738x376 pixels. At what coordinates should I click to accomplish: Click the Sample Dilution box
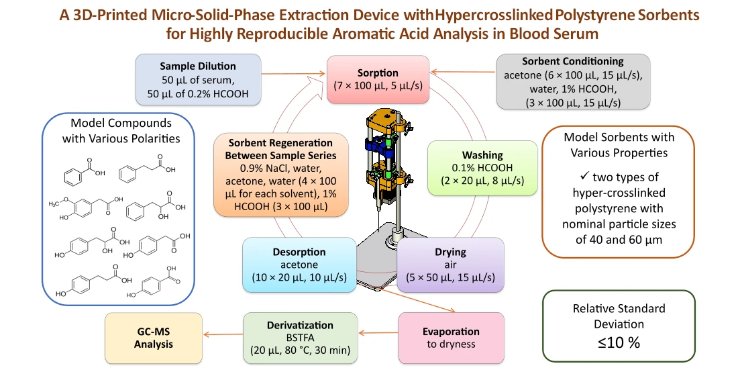point(198,79)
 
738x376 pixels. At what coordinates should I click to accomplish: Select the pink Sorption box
point(378,79)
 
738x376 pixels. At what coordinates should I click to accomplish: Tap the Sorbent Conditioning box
point(573,81)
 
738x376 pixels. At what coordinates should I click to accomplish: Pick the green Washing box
point(482,168)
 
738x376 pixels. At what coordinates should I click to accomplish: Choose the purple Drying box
point(450,265)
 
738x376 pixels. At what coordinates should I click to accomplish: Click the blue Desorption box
point(299,265)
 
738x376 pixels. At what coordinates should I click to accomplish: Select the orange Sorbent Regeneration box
point(281,175)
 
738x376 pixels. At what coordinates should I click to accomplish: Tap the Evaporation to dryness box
point(451,338)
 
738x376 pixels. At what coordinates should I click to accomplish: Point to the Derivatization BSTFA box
point(301,338)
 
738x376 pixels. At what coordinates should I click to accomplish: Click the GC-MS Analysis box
point(154,338)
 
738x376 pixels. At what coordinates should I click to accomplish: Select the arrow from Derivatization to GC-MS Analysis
point(223,334)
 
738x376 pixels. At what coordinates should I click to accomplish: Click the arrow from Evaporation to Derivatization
point(378,333)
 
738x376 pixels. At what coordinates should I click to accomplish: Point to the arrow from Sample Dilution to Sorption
point(293,73)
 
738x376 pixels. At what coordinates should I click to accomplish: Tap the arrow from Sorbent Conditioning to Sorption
point(463,72)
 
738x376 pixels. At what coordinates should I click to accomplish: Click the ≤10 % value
point(619,342)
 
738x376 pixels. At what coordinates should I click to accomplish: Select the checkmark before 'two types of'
point(584,176)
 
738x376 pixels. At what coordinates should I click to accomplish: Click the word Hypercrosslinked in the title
point(494,15)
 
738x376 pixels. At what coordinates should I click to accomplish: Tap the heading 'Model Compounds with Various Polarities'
point(121,130)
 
